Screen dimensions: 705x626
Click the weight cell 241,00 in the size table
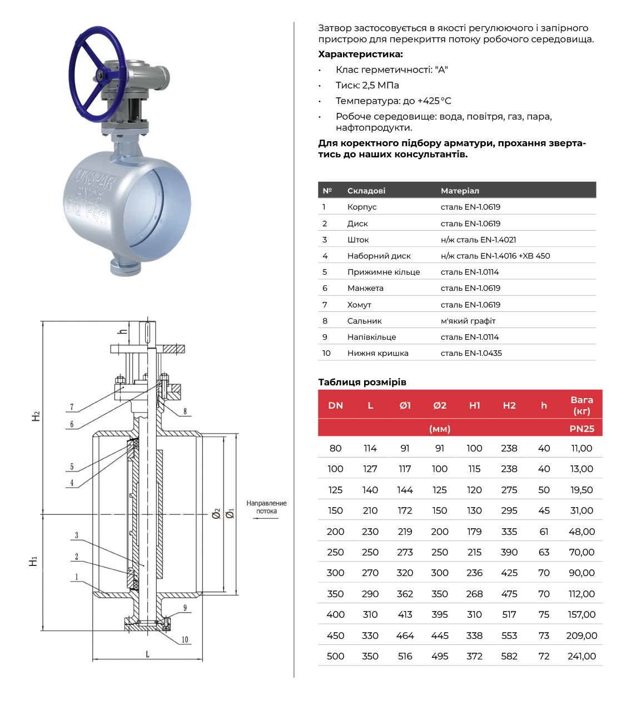[582, 656]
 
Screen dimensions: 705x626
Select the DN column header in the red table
[335, 405]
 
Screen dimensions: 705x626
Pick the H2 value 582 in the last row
[509, 656]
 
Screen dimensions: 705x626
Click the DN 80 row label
[335, 448]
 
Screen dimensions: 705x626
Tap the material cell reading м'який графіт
[468, 321]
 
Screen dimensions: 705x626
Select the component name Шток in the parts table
[358, 240]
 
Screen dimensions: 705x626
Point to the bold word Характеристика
[360, 54]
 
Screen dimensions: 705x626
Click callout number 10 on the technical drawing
[185, 639]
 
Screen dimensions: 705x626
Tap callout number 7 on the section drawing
[72, 407]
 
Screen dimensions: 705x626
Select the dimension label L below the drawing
[147, 654]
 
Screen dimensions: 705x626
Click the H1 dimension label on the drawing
[34, 562]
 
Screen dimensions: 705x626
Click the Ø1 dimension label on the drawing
[230, 513]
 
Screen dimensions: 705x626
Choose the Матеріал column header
[460, 191]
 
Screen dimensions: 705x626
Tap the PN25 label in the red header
[582, 429]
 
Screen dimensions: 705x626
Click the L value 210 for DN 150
[370, 510]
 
